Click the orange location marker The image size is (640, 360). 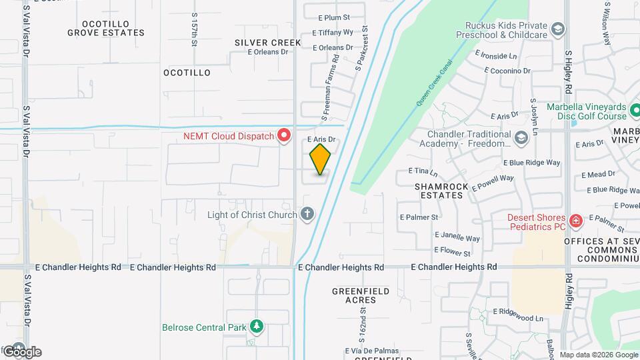(x=320, y=159)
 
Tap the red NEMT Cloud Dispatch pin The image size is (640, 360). (x=285, y=136)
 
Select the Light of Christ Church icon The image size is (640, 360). (x=307, y=214)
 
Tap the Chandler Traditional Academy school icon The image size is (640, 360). (x=521, y=138)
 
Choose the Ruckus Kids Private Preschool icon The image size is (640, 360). (x=558, y=29)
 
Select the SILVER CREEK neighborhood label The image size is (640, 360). (x=268, y=43)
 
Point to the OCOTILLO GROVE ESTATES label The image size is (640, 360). (x=107, y=27)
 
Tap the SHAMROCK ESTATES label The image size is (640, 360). (x=439, y=191)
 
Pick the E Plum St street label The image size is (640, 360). (x=334, y=17)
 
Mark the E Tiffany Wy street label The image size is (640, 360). (x=333, y=32)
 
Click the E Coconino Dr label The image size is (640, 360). (x=507, y=70)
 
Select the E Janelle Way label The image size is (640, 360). (x=457, y=237)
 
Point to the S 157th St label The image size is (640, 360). (x=195, y=30)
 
